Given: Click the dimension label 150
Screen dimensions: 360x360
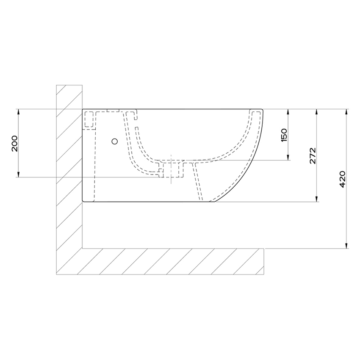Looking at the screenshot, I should click(284, 134).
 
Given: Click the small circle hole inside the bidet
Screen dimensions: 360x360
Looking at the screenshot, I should click(114, 141).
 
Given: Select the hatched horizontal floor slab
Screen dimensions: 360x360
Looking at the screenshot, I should click(169, 262).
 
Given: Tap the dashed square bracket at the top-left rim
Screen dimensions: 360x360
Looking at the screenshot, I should click(89, 119).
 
